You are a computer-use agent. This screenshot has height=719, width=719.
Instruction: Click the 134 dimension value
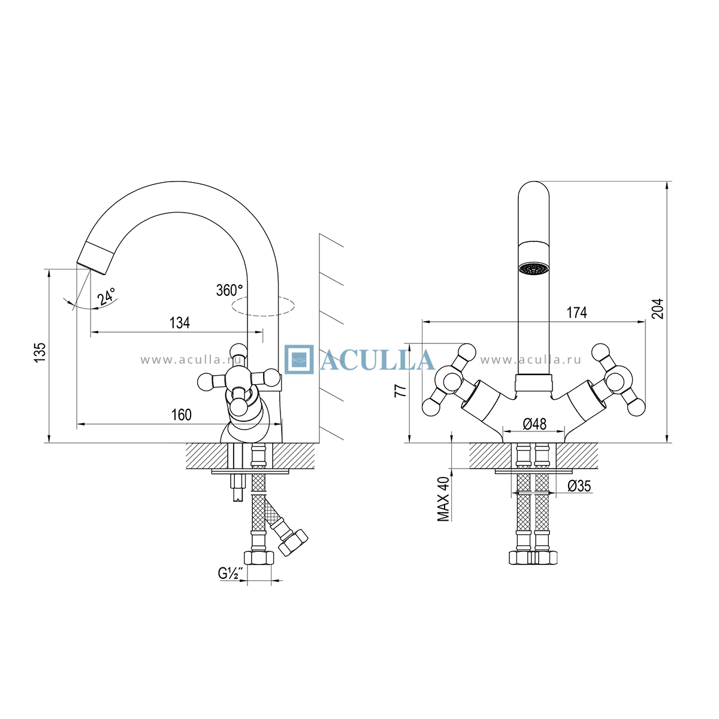coord(180,323)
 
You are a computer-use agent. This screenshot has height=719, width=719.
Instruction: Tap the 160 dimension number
coord(182,415)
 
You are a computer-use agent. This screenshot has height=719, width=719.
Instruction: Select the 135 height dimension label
coord(40,352)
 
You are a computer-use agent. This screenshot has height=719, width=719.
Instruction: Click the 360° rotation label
coord(230,290)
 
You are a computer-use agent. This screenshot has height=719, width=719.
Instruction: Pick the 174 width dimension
coord(577,313)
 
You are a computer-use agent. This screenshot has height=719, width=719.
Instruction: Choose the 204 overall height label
coord(658,309)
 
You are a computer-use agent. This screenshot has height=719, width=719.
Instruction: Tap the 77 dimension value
coord(400,390)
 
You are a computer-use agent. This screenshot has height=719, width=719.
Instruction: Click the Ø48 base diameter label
coord(534,424)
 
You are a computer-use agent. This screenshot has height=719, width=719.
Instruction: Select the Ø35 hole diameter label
coord(579,486)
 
